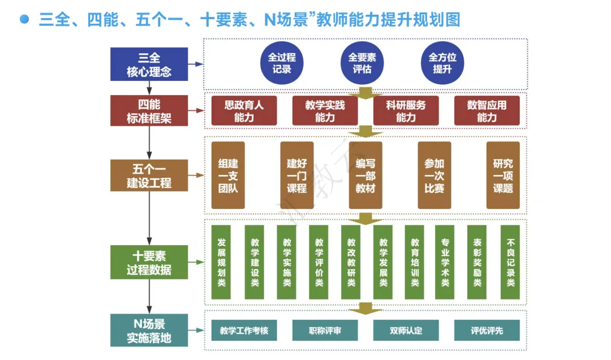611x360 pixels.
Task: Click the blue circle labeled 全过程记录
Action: [282, 63]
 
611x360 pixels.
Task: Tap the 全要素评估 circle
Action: [362, 63]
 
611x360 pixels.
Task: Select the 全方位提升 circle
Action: [442, 63]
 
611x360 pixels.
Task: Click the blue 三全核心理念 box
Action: [149, 65]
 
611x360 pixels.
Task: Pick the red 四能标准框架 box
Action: [149, 111]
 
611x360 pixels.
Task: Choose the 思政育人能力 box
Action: [244, 111]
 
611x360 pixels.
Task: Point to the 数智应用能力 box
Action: [487, 111]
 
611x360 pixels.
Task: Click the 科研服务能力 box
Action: [406, 111]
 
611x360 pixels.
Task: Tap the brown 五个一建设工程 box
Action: [149, 175]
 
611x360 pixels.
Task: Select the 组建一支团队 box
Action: [228, 175]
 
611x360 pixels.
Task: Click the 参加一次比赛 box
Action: [434, 175]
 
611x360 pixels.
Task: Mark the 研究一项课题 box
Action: [503, 175]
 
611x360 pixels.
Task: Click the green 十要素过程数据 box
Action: [149, 262]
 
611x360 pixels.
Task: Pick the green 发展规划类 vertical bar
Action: [221, 262]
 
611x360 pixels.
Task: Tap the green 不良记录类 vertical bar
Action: [510, 262]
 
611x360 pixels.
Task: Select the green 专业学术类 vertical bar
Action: [445, 262]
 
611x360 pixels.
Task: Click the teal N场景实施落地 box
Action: [149, 331]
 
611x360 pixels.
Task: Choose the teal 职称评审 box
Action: [325, 331]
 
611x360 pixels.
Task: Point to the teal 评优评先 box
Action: [487, 331]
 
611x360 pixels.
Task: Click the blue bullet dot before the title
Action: [24, 19]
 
